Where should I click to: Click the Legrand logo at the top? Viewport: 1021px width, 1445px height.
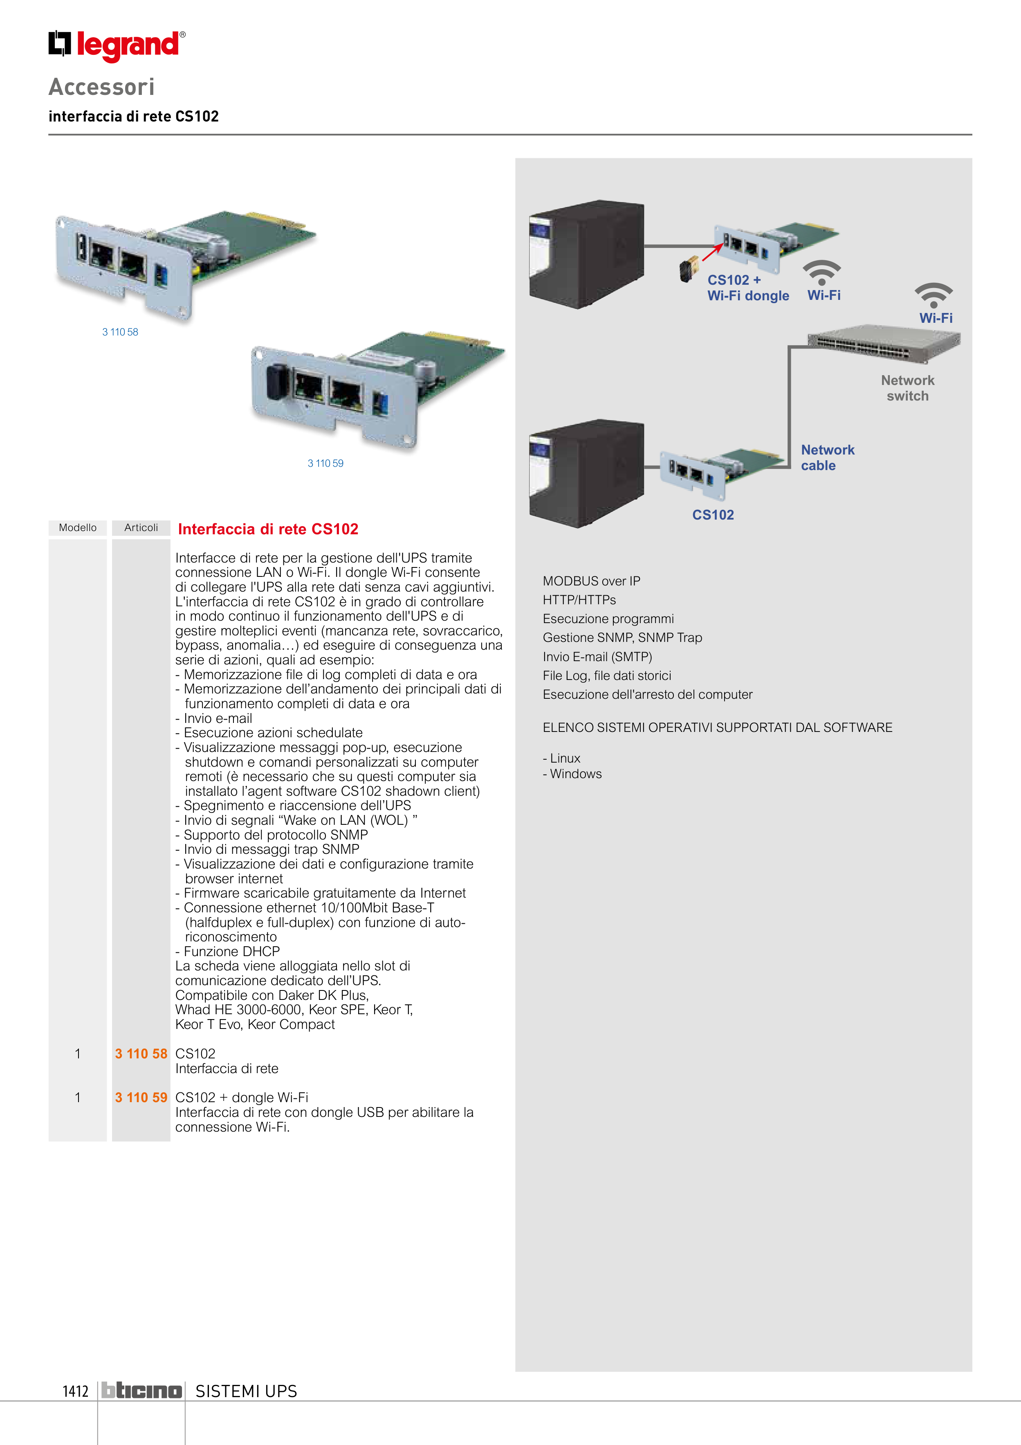coord(117,45)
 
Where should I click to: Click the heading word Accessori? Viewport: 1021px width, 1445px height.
coord(101,87)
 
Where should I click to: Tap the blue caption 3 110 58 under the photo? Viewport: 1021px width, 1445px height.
coord(120,332)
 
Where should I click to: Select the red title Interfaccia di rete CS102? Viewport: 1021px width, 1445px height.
coord(268,529)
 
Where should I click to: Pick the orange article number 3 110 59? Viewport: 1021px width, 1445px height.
coord(141,1098)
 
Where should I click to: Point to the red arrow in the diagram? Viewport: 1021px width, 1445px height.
coord(712,251)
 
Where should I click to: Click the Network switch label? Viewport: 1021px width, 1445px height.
coord(907,388)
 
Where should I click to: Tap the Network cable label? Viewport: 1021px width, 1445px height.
coord(827,457)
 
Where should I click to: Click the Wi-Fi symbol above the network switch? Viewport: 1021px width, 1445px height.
coord(933,295)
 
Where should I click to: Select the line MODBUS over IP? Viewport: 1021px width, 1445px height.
coord(591,581)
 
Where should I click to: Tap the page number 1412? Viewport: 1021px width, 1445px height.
coord(76,1391)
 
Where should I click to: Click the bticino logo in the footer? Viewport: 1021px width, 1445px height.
coord(141,1391)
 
